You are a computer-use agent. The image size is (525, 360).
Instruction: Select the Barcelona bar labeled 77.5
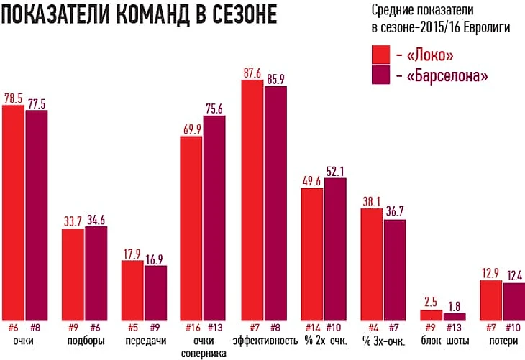(x=37, y=215)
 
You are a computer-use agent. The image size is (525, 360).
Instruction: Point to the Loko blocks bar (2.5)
(x=432, y=315)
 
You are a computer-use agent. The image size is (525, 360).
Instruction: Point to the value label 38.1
(x=372, y=202)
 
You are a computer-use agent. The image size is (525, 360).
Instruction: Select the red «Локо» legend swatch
(x=380, y=55)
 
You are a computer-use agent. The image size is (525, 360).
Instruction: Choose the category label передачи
(x=144, y=340)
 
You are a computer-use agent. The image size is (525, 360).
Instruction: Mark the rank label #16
(x=192, y=326)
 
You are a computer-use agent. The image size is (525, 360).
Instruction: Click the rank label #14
(x=311, y=326)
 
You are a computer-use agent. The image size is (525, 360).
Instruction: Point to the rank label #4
(x=372, y=326)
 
